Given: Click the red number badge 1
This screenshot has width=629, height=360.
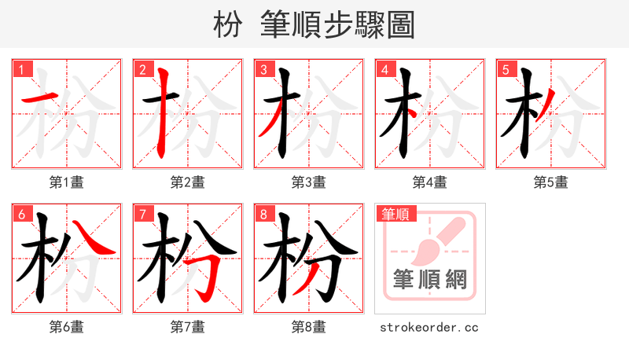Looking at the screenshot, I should click(20, 69).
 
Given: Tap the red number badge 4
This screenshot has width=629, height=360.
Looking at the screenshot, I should click(384, 69).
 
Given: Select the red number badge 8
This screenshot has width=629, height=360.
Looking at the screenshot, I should click(263, 214).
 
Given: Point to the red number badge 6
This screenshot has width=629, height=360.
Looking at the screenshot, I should click(20, 214).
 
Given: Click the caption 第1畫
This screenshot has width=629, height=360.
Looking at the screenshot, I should click(67, 182).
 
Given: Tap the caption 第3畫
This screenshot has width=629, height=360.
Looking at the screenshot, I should click(309, 182).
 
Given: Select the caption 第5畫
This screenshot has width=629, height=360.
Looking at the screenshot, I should click(551, 182).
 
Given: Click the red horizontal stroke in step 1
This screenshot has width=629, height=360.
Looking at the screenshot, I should click(38, 98).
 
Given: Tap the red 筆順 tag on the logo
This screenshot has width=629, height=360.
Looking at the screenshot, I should click(396, 214).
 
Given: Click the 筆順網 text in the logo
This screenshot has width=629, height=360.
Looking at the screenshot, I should click(430, 280).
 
